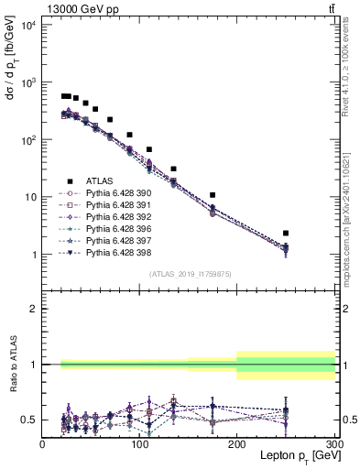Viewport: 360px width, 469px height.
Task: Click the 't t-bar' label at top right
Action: point(329,9)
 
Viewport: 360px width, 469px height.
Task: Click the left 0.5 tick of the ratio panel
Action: point(31,420)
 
